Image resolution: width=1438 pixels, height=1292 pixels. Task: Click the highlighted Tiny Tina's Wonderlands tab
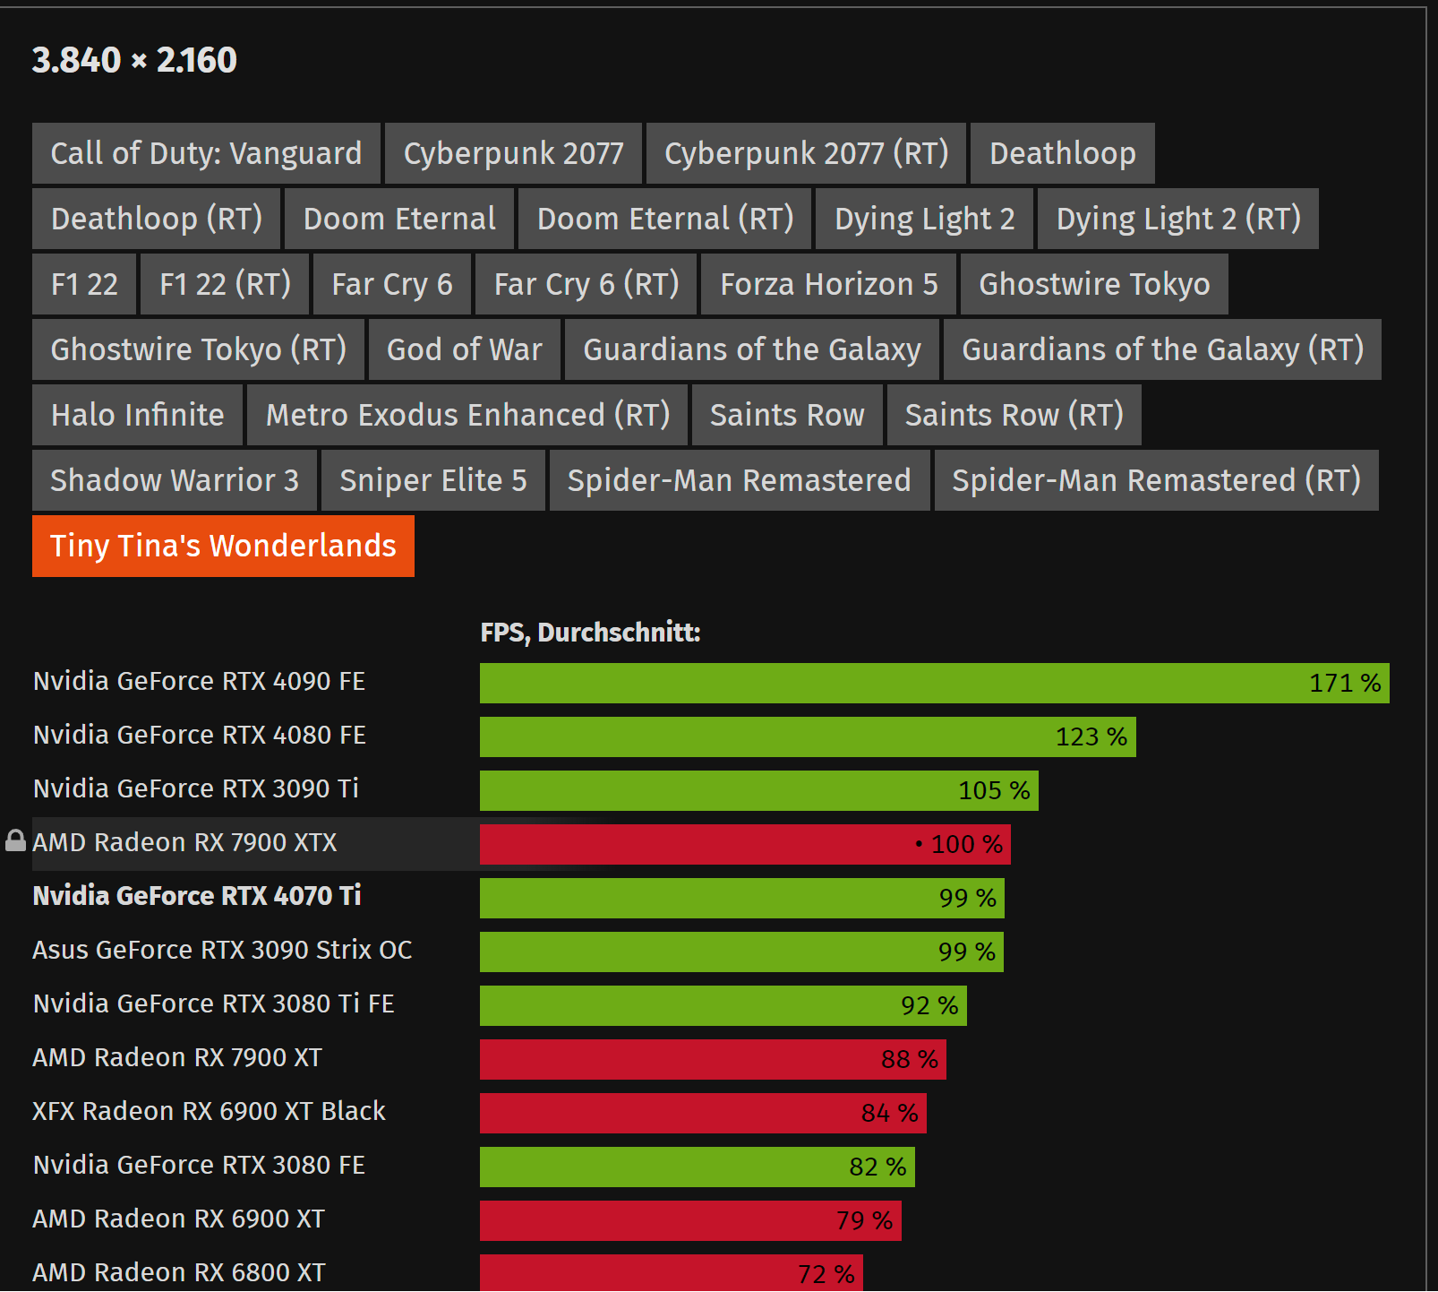223,546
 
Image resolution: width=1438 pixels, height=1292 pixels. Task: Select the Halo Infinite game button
137,415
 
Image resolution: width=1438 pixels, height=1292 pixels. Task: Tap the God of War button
464,349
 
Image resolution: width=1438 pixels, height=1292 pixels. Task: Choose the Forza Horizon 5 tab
828,284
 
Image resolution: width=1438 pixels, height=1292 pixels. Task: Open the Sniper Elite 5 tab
432,480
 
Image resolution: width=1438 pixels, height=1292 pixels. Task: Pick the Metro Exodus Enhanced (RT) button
467,415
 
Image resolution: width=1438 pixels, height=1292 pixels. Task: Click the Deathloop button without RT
1062,153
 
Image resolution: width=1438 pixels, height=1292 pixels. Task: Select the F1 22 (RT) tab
225,284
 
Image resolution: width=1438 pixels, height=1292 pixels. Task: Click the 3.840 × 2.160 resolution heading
134,60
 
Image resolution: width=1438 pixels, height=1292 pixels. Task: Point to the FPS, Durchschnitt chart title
590,633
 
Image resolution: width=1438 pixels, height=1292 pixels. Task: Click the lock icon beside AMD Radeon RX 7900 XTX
15,840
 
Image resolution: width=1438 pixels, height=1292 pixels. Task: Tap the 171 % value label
1344,684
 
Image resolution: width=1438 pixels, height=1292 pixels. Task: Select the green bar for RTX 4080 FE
761,736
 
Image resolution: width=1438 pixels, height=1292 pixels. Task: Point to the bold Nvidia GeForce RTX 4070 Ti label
197,896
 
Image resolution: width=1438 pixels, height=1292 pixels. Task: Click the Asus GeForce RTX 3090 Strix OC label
222,950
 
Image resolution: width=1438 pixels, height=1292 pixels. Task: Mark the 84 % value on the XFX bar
889,1113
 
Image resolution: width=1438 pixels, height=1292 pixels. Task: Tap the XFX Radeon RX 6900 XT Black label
209,1111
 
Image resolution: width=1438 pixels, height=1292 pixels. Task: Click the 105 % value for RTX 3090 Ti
994,790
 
